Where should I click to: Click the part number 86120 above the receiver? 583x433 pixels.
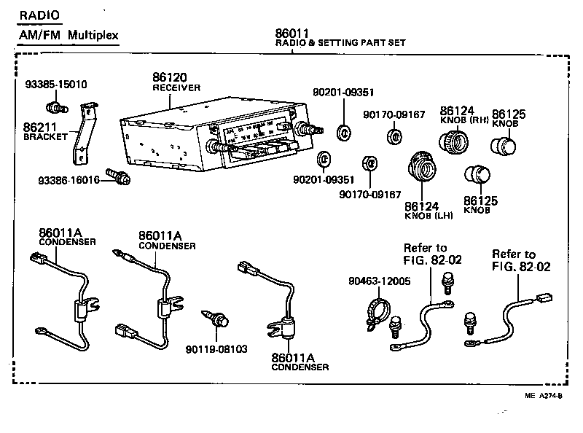[171, 77]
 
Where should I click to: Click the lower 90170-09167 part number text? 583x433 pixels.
[370, 194]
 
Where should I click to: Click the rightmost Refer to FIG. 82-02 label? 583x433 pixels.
[520, 261]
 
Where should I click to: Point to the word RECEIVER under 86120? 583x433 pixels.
[176, 87]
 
